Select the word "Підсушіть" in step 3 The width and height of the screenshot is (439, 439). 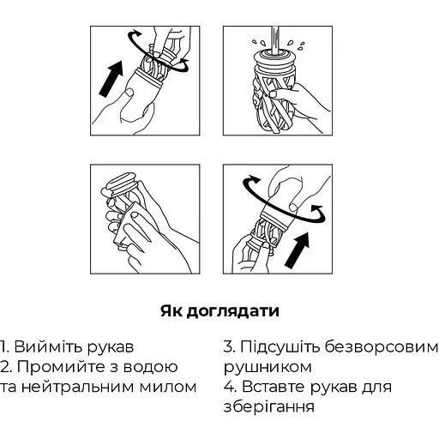click(x=284, y=347)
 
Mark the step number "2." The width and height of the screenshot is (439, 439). click(x=8, y=367)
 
